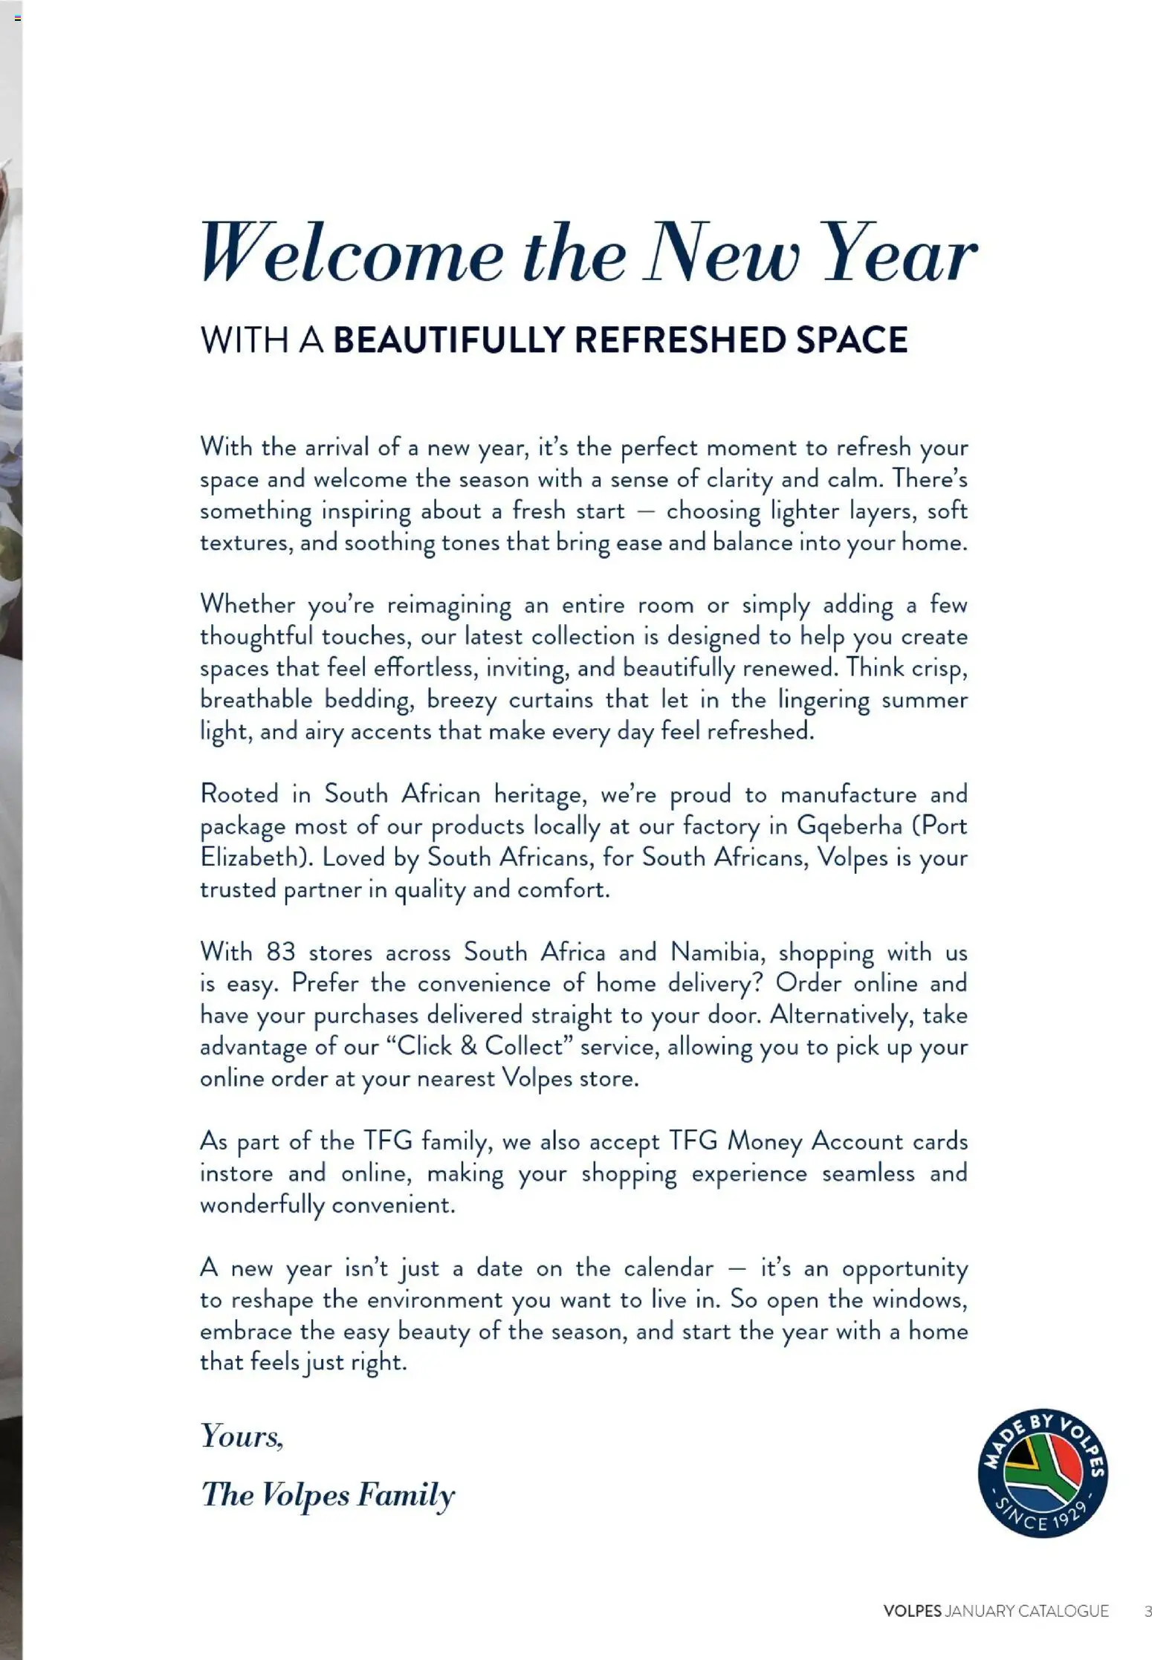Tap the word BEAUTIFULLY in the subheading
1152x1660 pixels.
tap(449, 340)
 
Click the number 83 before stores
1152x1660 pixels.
tap(281, 952)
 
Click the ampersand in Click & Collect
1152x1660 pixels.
tap(468, 1046)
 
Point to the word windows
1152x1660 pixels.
tap(918, 1300)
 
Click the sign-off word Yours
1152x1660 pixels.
tap(242, 1436)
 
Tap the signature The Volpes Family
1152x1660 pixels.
tap(328, 1494)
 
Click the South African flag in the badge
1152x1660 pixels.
tap(1042, 1468)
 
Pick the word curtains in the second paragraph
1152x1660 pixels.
tap(551, 700)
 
